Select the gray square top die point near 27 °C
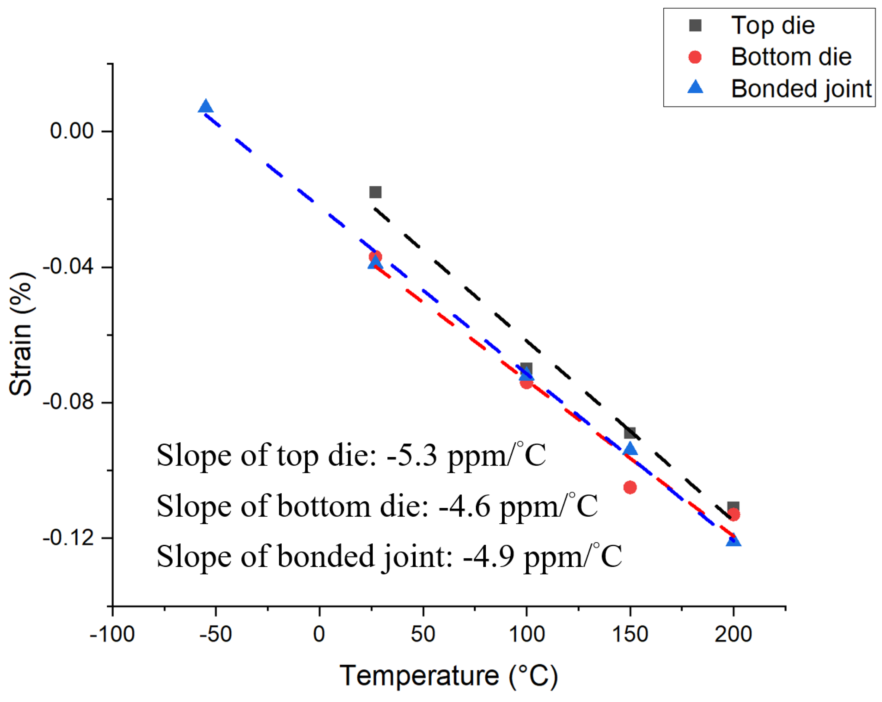[375, 192]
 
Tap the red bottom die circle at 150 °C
[630, 487]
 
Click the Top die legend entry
[772, 25]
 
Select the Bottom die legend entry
[790, 57]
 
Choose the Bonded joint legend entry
[801, 89]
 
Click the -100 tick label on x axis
[112, 634]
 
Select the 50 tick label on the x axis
[423, 634]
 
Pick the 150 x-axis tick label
[630, 634]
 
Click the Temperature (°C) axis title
[448, 676]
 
